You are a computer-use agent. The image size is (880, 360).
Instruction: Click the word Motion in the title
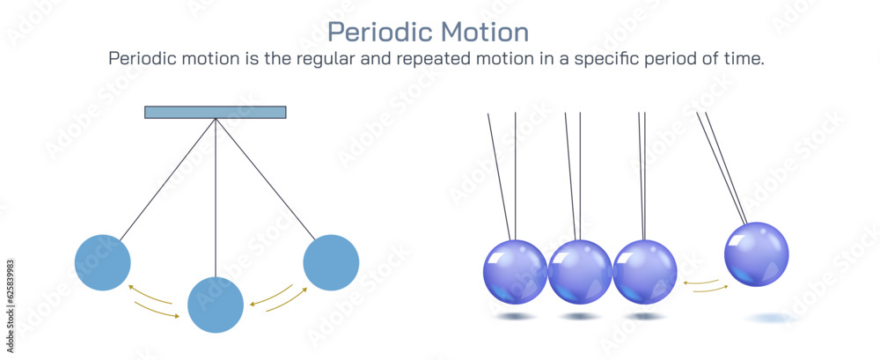click(482, 33)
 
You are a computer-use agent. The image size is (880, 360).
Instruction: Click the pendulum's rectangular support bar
click(216, 112)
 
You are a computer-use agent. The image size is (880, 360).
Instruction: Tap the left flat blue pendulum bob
click(103, 262)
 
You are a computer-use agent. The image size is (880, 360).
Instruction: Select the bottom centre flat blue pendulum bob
click(216, 305)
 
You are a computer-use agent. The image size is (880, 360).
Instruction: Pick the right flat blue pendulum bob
click(331, 262)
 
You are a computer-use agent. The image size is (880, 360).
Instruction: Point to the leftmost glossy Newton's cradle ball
click(515, 272)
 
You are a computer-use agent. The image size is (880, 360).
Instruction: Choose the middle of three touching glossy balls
click(580, 272)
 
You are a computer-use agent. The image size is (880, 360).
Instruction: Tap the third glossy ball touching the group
click(645, 272)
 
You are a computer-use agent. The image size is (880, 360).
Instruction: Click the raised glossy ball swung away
click(756, 254)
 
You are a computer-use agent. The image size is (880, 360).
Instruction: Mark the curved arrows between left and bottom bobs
click(154, 301)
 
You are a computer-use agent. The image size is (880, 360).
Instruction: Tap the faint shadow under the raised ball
click(770, 317)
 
